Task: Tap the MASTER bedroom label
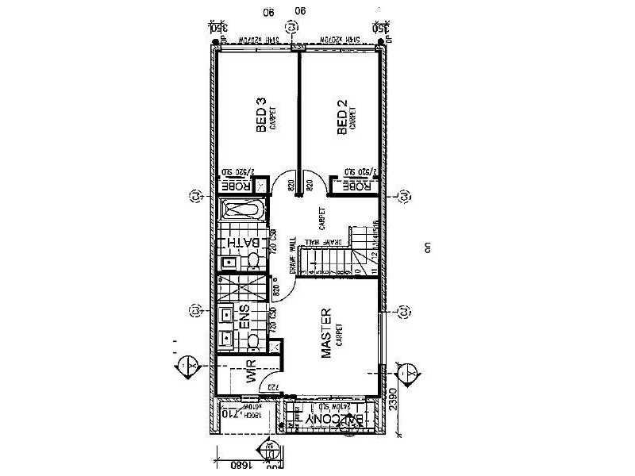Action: (326, 333)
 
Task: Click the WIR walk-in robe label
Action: (251, 372)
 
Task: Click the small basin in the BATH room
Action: (227, 261)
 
